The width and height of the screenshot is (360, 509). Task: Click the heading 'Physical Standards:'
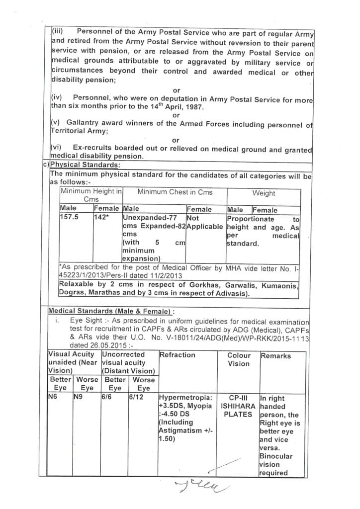(85, 165)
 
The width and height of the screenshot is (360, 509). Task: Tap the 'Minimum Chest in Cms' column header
(175, 192)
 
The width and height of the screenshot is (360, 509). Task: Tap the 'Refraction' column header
(178, 355)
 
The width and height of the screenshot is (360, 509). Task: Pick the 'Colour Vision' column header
(239, 359)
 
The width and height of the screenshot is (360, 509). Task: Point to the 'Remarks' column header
(275, 356)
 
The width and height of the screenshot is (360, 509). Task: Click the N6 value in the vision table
(53, 398)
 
